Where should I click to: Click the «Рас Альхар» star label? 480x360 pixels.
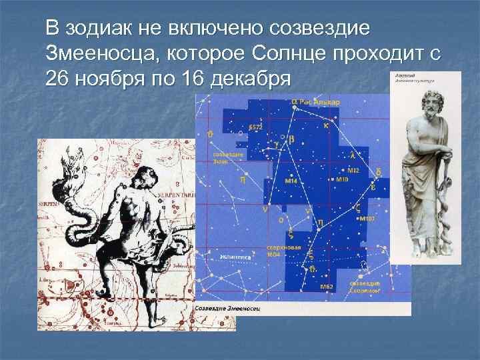pos(319,102)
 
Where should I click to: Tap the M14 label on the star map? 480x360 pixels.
pos(291,180)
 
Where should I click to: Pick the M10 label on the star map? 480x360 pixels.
pos(342,179)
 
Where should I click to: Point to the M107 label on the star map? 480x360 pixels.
pos(371,219)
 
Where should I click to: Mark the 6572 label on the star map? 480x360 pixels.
pos(256,126)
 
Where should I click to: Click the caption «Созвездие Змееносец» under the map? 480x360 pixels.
pos(228,310)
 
